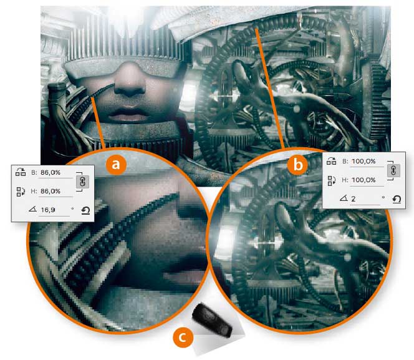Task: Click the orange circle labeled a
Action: click(x=116, y=165)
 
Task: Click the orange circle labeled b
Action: click(x=298, y=165)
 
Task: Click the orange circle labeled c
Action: click(x=183, y=338)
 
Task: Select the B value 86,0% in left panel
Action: click(x=51, y=173)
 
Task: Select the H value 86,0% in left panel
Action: click(x=51, y=191)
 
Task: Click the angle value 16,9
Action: click(x=48, y=210)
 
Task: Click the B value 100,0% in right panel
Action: click(x=363, y=162)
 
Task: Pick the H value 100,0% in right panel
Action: click(x=363, y=180)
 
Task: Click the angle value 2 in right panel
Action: click(x=354, y=199)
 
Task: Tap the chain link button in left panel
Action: click(x=82, y=182)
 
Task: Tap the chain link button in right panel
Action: click(x=393, y=170)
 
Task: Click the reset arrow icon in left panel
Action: click(x=85, y=210)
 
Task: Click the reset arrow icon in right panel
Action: click(x=397, y=199)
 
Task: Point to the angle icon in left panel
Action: click(x=32, y=210)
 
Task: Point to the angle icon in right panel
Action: click(x=344, y=198)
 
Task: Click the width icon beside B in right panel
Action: click(x=331, y=160)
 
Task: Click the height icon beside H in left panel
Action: click(x=21, y=192)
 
